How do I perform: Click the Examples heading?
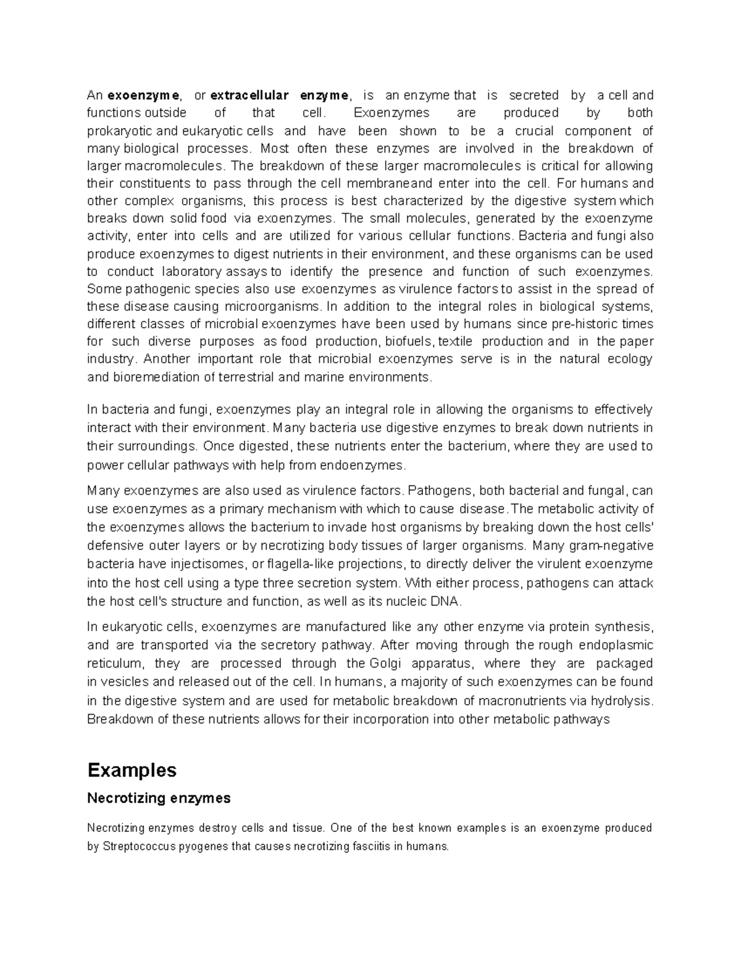(x=132, y=770)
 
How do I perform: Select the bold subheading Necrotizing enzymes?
(x=159, y=798)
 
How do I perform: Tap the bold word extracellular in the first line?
(x=249, y=95)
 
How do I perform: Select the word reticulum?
(x=115, y=663)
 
